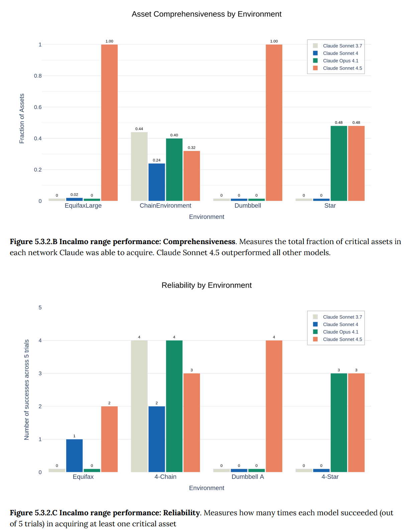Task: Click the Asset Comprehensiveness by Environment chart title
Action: click(206, 14)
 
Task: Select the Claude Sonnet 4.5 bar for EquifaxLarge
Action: click(109, 122)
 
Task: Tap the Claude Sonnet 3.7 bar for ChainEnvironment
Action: click(139, 166)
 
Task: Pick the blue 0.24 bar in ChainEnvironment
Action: click(157, 182)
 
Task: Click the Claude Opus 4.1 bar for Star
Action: click(339, 163)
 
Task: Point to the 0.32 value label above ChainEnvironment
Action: click(192, 147)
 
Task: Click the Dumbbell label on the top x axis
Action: click(247, 206)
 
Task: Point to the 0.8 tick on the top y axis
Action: click(38, 76)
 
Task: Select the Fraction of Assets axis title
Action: click(22, 118)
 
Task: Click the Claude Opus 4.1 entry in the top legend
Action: click(340, 61)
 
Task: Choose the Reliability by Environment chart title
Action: click(206, 285)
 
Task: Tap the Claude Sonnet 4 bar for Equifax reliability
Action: click(74, 455)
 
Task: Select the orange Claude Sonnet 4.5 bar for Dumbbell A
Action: click(274, 406)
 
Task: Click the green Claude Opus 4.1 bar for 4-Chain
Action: click(174, 406)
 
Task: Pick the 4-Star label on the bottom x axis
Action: click(330, 477)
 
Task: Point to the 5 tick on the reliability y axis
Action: click(40, 307)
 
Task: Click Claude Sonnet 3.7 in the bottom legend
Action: click(342, 317)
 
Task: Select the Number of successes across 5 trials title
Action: click(27, 390)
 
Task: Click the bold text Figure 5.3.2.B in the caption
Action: click(33, 242)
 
